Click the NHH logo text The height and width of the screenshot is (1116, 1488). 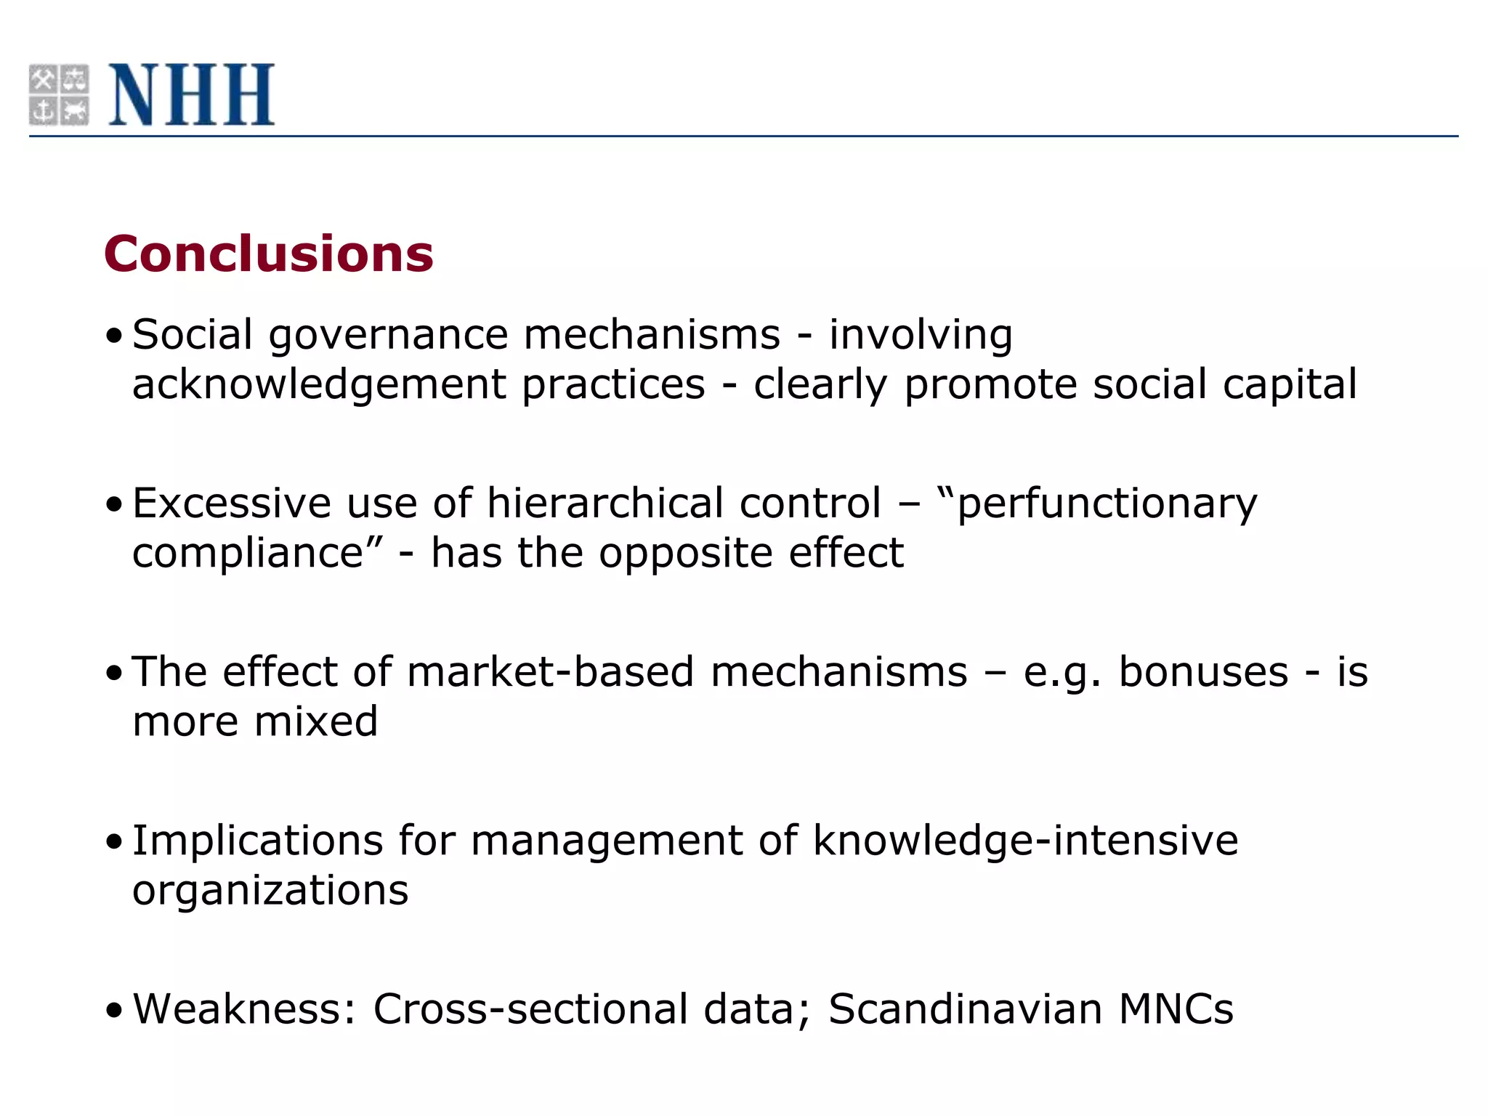(x=192, y=94)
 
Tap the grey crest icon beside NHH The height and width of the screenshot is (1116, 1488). (x=59, y=94)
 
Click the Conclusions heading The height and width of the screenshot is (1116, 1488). (x=269, y=254)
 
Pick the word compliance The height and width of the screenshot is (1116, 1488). (x=247, y=553)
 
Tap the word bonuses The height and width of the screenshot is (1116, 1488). (x=1203, y=671)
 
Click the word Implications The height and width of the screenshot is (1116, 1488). (x=258, y=841)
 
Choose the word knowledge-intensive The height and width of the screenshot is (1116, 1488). (x=1025, y=841)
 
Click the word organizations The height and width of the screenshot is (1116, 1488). (x=270, y=891)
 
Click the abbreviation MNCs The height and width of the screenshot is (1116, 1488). (x=1176, y=1009)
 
